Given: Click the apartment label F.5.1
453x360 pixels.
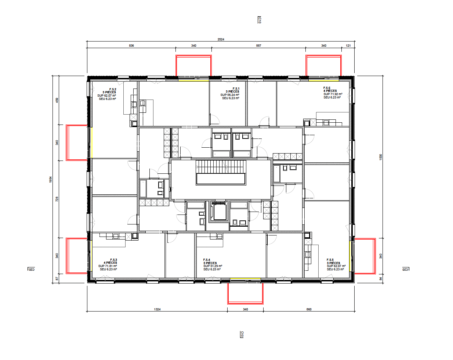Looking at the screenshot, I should (x=236, y=89).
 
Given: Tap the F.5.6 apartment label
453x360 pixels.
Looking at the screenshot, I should (x=327, y=88).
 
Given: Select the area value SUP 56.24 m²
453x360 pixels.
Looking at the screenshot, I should (x=230, y=95).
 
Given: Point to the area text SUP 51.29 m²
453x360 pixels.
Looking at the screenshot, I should (x=213, y=266).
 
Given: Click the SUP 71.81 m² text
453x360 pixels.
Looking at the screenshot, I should (x=108, y=266).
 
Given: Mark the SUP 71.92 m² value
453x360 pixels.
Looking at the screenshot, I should (x=333, y=94).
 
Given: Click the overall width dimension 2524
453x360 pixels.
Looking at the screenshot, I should (x=221, y=39).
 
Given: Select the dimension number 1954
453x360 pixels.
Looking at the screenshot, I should (x=51, y=180).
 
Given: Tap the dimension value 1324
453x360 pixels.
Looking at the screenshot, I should (x=157, y=309).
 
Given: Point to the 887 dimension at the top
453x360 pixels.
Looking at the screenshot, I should (x=258, y=46).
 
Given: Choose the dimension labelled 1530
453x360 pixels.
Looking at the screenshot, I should (x=380, y=157).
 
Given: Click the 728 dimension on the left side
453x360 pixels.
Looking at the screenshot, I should (x=57, y=199).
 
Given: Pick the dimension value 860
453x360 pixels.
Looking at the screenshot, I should (x=309, y=309).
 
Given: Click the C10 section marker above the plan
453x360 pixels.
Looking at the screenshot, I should (x=259, y=20).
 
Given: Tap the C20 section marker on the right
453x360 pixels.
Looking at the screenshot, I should (x=405, y=269).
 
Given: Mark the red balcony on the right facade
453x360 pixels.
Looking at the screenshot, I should (x=365, y=256).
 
